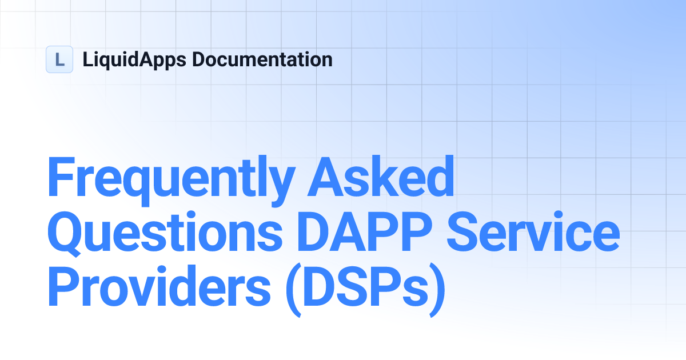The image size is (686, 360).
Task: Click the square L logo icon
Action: point(59,59)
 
